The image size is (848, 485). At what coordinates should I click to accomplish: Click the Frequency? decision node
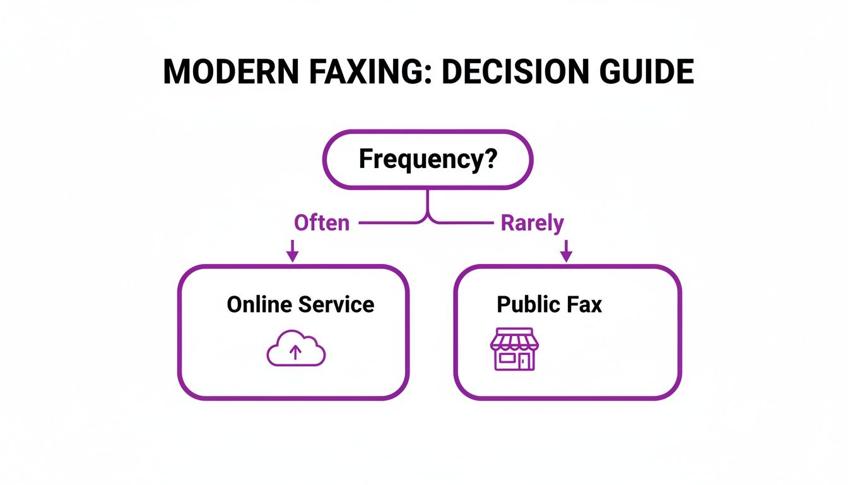click(428, 159)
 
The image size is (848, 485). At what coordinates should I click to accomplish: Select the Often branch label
click(321, 223)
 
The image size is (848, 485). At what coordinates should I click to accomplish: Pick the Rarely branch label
click(532, 223)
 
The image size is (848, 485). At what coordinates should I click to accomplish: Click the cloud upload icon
click(296, 349)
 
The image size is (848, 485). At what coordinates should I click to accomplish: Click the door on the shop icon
click(524, 361)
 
